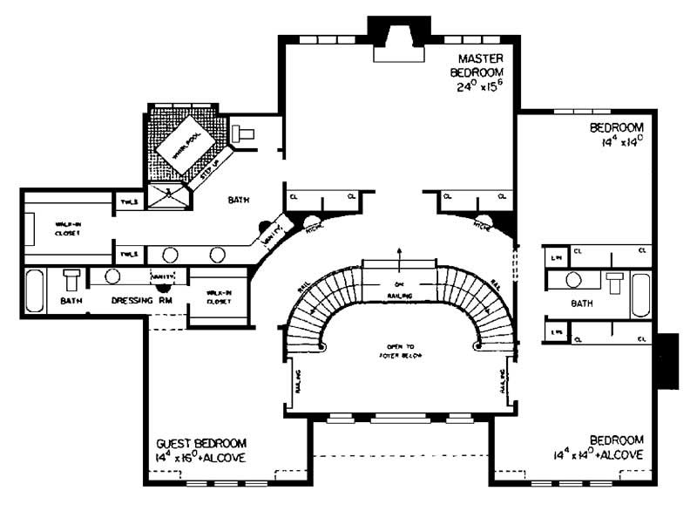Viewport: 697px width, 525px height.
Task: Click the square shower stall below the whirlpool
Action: click(x=166, y=195)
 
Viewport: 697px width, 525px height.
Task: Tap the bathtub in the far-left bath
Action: click(x=35, y=291)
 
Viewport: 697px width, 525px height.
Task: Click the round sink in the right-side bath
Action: click(x=573, y=281)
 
